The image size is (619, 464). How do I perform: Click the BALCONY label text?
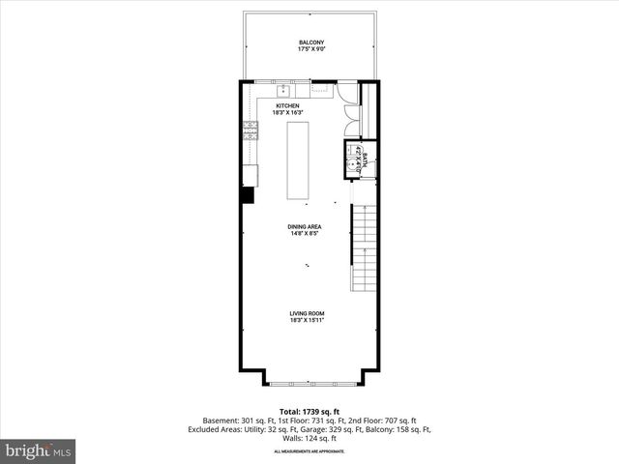click(x=310, y=43)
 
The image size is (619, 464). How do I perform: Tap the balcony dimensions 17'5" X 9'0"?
click(x=310, y=50)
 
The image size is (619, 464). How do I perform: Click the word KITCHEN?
click(x=288, y=105)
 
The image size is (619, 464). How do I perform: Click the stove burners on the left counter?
click(x=250, y=130)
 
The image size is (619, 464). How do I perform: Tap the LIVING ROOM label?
click(x=307, y=312)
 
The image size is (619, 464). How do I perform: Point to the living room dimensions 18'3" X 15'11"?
click(x=307, y=320)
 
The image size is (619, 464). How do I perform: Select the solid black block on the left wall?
click(x=248, y=194)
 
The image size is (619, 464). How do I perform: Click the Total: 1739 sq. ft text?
click(x=309, y=412)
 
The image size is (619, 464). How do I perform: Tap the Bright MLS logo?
click(x=38, y=450)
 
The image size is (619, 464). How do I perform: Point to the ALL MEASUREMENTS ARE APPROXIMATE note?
click(x=309, y=451)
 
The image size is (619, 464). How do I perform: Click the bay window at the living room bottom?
click(x=309, y=383)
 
